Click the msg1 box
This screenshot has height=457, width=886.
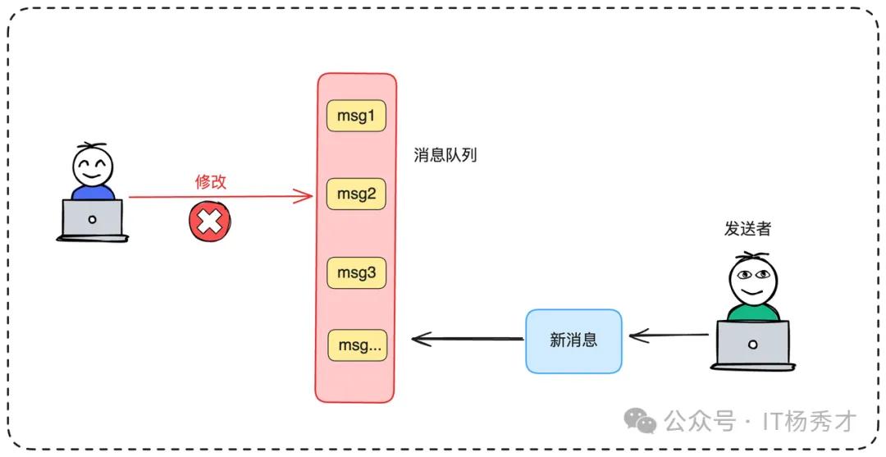(357, 116)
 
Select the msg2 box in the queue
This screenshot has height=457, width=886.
(357, 194)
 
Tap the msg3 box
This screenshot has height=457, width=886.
(357, 273)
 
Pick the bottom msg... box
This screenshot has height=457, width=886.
(359, 345)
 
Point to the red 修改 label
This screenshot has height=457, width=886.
(211, 181)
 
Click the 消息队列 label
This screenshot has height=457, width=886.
(445, 155)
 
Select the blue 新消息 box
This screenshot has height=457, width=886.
(573, 341)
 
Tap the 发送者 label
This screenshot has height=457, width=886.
(747, 229)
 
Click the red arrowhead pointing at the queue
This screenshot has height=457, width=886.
(306, 197)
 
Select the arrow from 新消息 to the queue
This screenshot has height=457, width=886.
(468, 339)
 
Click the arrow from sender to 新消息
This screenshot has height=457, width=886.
(669, 336)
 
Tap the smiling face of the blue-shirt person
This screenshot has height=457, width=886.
(93, 166)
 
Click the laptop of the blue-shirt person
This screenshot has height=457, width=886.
(93, 221)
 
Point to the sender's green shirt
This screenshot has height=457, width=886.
(752, 312)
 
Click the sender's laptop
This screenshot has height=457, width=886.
(753, 345)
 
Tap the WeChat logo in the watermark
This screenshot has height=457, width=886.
(640, 422)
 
